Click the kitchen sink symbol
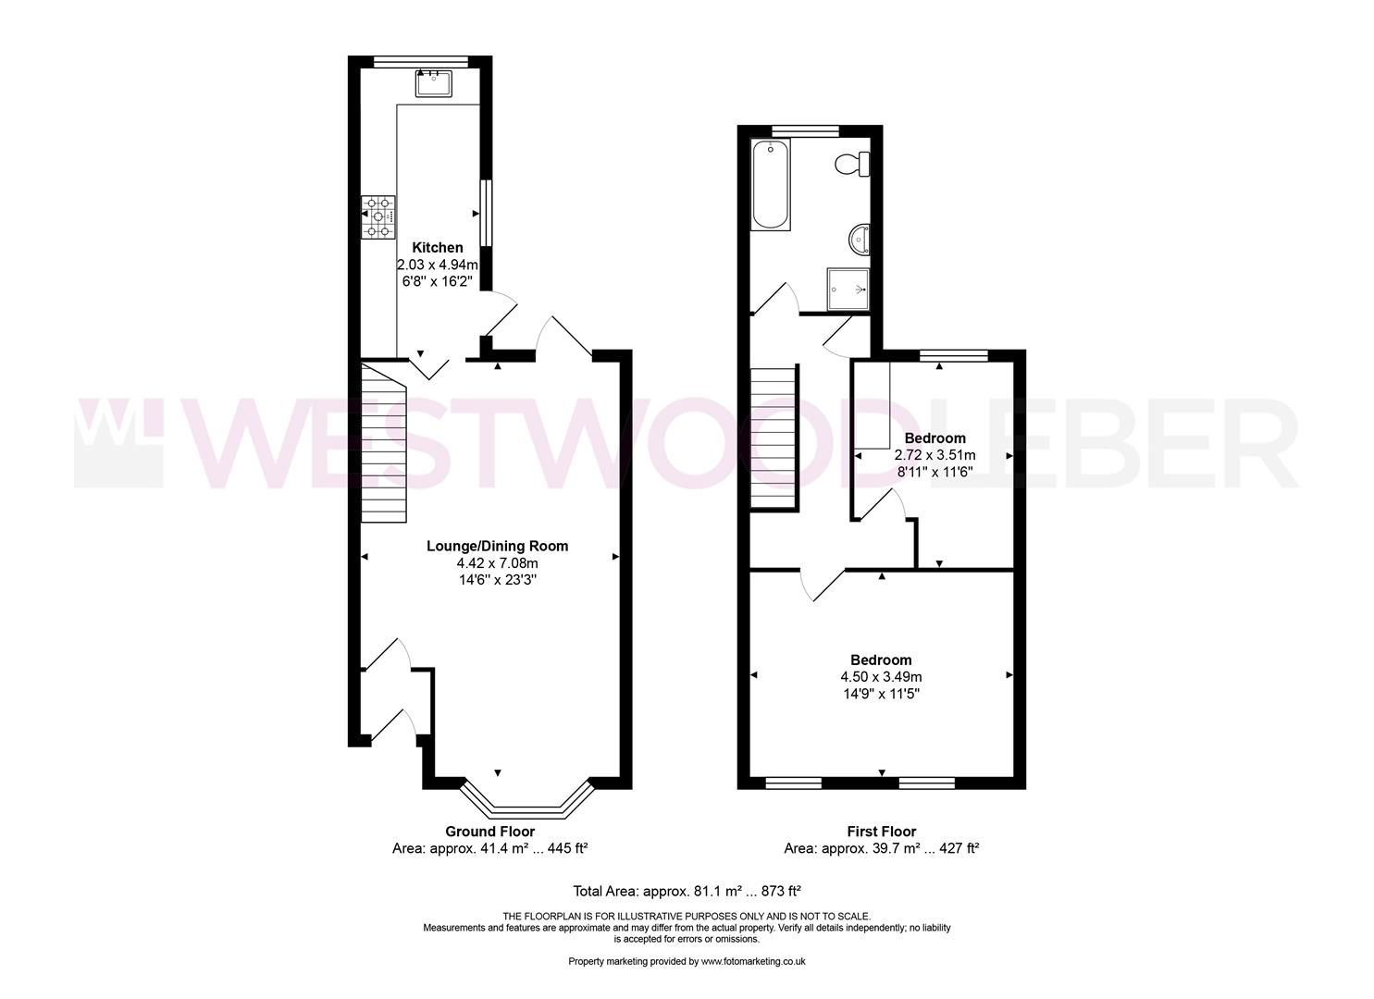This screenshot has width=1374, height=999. point(434,83)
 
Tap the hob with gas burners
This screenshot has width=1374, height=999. point(378,216)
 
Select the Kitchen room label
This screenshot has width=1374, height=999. point(438,248)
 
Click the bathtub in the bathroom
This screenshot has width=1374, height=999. point(771,185)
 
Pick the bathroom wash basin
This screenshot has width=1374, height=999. point(860,239)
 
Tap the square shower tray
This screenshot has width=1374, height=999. point(848,289)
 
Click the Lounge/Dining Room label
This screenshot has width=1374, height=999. point(498,546)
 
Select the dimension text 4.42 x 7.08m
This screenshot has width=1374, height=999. point(498,563)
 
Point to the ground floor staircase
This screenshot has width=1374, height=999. point(383,443)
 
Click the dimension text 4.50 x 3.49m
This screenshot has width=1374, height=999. point(881,677)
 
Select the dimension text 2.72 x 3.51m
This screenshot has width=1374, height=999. point(935,455)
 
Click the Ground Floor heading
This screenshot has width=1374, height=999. point(489,832)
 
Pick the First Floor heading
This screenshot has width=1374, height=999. point(882,832)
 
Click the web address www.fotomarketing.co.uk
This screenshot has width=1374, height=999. point(753,962)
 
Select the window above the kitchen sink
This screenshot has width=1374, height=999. point(421,61)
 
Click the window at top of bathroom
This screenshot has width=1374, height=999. point(805,130)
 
